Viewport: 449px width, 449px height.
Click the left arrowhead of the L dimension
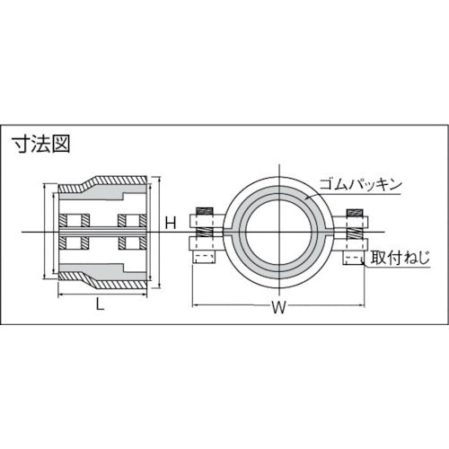click(x=59, y=294)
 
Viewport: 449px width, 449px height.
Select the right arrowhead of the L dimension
click(x=147, y=294)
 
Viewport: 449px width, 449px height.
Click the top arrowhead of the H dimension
click(x=161, y=180)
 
